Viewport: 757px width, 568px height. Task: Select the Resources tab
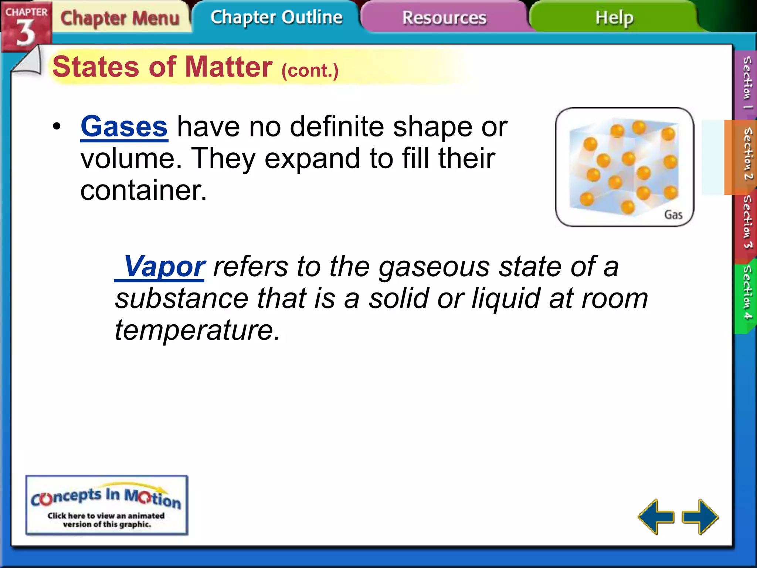(444, 18)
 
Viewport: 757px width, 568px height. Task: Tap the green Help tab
(614, 18)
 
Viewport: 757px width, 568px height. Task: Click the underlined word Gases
(124, 127)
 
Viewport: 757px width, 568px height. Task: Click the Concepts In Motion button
(107, 505)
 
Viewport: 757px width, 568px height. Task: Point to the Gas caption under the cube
(673, 214)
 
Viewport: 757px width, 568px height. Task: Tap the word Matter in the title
(228, 67)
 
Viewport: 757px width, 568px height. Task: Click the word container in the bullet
(143, 190)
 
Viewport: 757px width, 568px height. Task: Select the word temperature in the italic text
(197, 330)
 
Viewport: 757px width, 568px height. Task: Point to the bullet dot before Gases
(57, 127)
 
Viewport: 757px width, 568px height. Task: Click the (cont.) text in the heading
(310, 70)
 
